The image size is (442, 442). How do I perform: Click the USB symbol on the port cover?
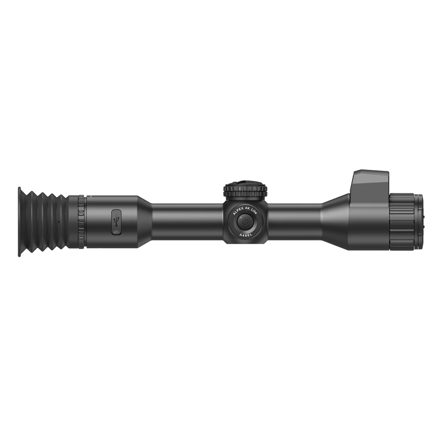[x=116, y=222]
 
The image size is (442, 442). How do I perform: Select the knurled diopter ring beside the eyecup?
[x=81, y=222]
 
